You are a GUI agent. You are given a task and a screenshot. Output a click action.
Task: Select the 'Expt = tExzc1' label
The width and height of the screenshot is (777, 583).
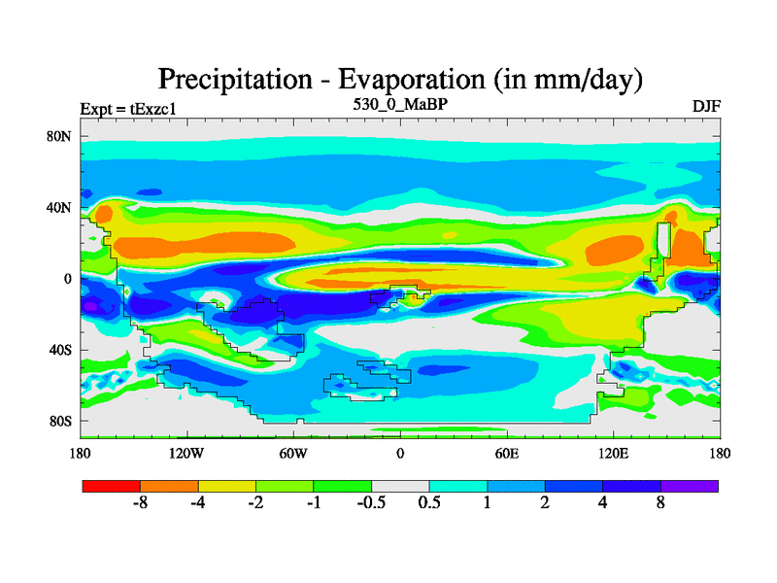(x=127, y=109)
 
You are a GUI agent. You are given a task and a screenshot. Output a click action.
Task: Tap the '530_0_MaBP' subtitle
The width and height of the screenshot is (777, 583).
(x=399, y=102)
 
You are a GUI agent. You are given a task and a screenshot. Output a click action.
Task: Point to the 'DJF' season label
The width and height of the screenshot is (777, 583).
(x=705, y=105)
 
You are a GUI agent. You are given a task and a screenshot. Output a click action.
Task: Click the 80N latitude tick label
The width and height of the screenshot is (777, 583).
(x=60, y=136)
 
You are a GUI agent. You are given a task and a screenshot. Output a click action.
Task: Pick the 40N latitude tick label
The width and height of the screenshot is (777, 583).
(x=60, y=207)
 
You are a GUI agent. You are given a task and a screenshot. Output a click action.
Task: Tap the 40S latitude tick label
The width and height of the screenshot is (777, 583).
(x=61, y=350)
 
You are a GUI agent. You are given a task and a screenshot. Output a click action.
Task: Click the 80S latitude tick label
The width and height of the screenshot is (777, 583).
(x=61, y=421)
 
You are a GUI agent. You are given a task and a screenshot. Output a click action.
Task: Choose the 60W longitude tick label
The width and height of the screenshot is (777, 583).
(x=293, y=453)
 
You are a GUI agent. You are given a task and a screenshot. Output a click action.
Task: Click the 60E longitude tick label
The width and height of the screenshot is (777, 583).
(x=507, y=453)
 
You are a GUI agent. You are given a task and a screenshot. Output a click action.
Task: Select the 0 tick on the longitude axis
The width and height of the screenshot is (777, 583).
(x=399, y=453)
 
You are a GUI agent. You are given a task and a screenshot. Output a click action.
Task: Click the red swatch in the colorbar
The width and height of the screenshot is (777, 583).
(x=111, y=485)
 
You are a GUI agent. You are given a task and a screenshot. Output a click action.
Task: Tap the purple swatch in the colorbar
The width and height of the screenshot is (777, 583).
(x=690, y=485)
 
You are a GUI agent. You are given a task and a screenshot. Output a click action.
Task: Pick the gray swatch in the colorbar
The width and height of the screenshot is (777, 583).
(x=400, y=485)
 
